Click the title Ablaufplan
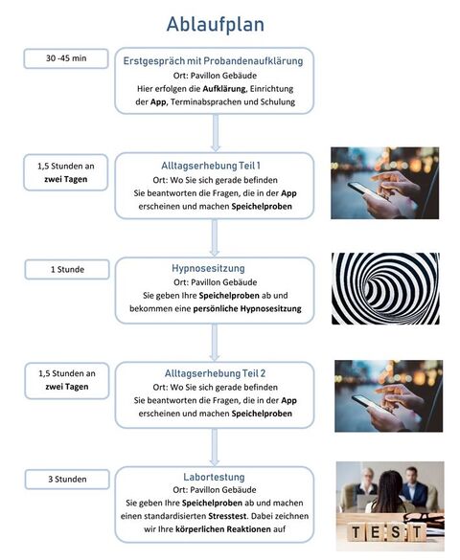[x=216, y=25]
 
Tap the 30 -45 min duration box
[x=66, y=58]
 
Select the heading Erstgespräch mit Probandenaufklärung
[x=213, y=61]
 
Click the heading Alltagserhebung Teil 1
[x=211, y=166]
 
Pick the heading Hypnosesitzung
[x=208, y=268]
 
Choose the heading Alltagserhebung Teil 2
[x=215, y=373]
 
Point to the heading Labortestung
[x=214, y=477]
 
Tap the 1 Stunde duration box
[x=67, y=269]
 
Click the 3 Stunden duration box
[x=67, y=480]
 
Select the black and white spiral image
[x=385, y=288]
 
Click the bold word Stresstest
[x=227, y=516]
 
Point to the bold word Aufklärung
[x=224, y=89]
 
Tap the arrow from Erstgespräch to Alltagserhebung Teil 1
[x=215, y=133]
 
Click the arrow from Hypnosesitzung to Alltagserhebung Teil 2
[x=215, y=342]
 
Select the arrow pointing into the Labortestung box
[x=215, y=447]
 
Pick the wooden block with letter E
[x=376, y=532]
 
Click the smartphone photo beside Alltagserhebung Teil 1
[x=384, y=183]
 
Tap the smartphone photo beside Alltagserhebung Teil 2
[x=388, y=396]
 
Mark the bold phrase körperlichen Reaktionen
[x=223, y=529]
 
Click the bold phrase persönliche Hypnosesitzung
[x=247, y=309]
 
